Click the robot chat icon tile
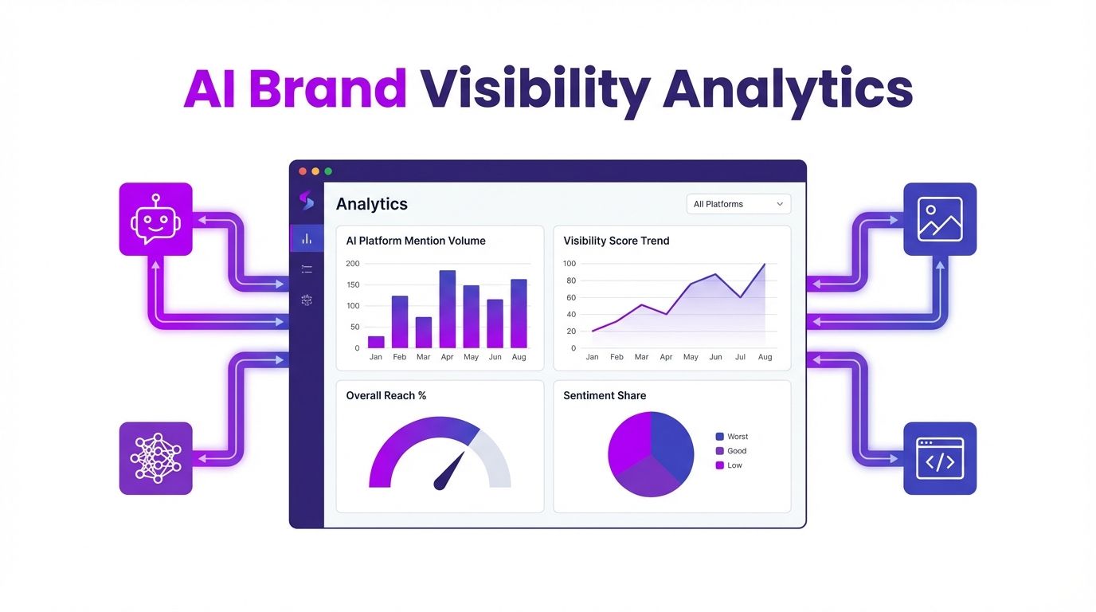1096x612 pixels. click(x=155, y=219)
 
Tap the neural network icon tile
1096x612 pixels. click(x=155, y=458)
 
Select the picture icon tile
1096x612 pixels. click(x=940, y=219)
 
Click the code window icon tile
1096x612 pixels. click(x=940, y=458)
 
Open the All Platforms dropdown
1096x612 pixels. click(x=738, y=204)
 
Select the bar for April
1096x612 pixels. click(x=448, y=309)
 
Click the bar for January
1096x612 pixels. click(x=376, y=342)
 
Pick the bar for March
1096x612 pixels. click(x=424, y=332)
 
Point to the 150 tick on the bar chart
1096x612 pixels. click(x=353, y=284)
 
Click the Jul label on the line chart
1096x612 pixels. click(x=741, y=357)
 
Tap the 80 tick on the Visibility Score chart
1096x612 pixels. click(x=570, y=280)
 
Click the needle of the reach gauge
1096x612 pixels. click(x=449, y=471)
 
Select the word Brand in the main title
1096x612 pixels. click(x=327, y=89)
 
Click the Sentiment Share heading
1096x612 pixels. click(x=605, y=395)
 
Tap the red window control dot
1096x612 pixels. click(x=303, y=171)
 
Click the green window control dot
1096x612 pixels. click(x=328, y=171)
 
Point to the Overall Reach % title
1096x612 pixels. click(x=386, y=395)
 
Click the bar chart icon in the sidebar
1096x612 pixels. click(x=307, y=238)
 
